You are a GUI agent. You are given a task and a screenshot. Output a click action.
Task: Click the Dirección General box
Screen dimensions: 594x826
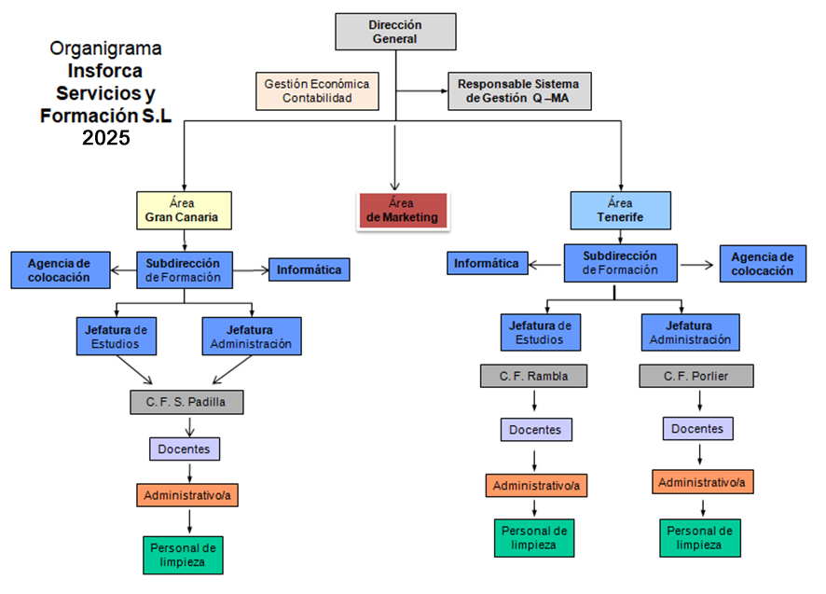pyautogui.click(x=395, y=32)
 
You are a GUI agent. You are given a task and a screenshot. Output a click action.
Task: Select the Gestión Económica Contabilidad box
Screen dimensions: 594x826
pyautogui.click(x=317, y=90)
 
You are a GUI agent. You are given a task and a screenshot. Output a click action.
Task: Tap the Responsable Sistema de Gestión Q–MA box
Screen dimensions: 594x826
pyautogui.click(x=519, y=90)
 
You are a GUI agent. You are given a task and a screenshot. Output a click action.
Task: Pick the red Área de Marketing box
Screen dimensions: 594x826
pyautogui.click(x=402, y=211)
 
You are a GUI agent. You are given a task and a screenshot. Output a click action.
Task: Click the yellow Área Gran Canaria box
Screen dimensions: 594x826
pyautogui.click(x=184, y=211)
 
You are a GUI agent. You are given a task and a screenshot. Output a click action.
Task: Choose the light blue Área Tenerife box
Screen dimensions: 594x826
pyautogui.click(x=620, y=211)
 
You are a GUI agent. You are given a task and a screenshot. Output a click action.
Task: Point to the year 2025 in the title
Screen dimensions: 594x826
pyautogui.click(x=105, y=138)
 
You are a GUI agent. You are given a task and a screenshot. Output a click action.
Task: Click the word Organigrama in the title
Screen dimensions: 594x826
pyautogui.click(x=105, y=48)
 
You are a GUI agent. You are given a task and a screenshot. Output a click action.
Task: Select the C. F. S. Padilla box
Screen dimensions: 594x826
pyautogui.click(x=186, y=403)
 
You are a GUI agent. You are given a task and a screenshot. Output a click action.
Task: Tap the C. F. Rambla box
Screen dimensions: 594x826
pyautogui.click(x=535, y=376)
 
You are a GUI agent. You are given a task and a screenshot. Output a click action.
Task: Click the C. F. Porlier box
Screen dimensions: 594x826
pyautogui.click(x=695, y=376)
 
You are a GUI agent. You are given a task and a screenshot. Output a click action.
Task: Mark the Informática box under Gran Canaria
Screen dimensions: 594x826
pyautogui.click(x=310, y=270)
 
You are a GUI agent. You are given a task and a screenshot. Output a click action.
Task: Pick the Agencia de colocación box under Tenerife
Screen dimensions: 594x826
pyautogui.click(x=762, y=264)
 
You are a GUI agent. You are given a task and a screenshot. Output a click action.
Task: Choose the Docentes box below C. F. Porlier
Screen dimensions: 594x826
pyautogui.click(x=698, y=428)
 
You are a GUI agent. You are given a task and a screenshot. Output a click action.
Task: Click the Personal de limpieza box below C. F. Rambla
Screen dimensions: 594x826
pyautogui.click(x=534, y=537)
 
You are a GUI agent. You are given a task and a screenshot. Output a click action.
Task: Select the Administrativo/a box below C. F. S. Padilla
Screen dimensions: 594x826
pyautogui.click(x=187, y=495)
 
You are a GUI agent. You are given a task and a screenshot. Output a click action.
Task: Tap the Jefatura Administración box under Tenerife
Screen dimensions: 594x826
pyautogui.click(x=690, y=333)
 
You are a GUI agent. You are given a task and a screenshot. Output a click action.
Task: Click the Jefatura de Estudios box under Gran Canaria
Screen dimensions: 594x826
pyautogui.click(x=117, y=337)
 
